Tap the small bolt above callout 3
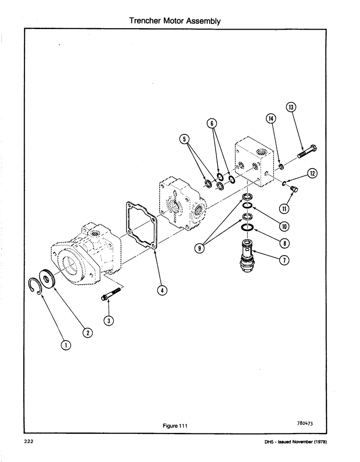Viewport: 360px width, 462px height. (111, 294)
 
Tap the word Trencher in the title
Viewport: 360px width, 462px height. (143, 21)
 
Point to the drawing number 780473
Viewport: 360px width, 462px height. (306, 422)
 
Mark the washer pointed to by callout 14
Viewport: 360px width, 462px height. (281, 166)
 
